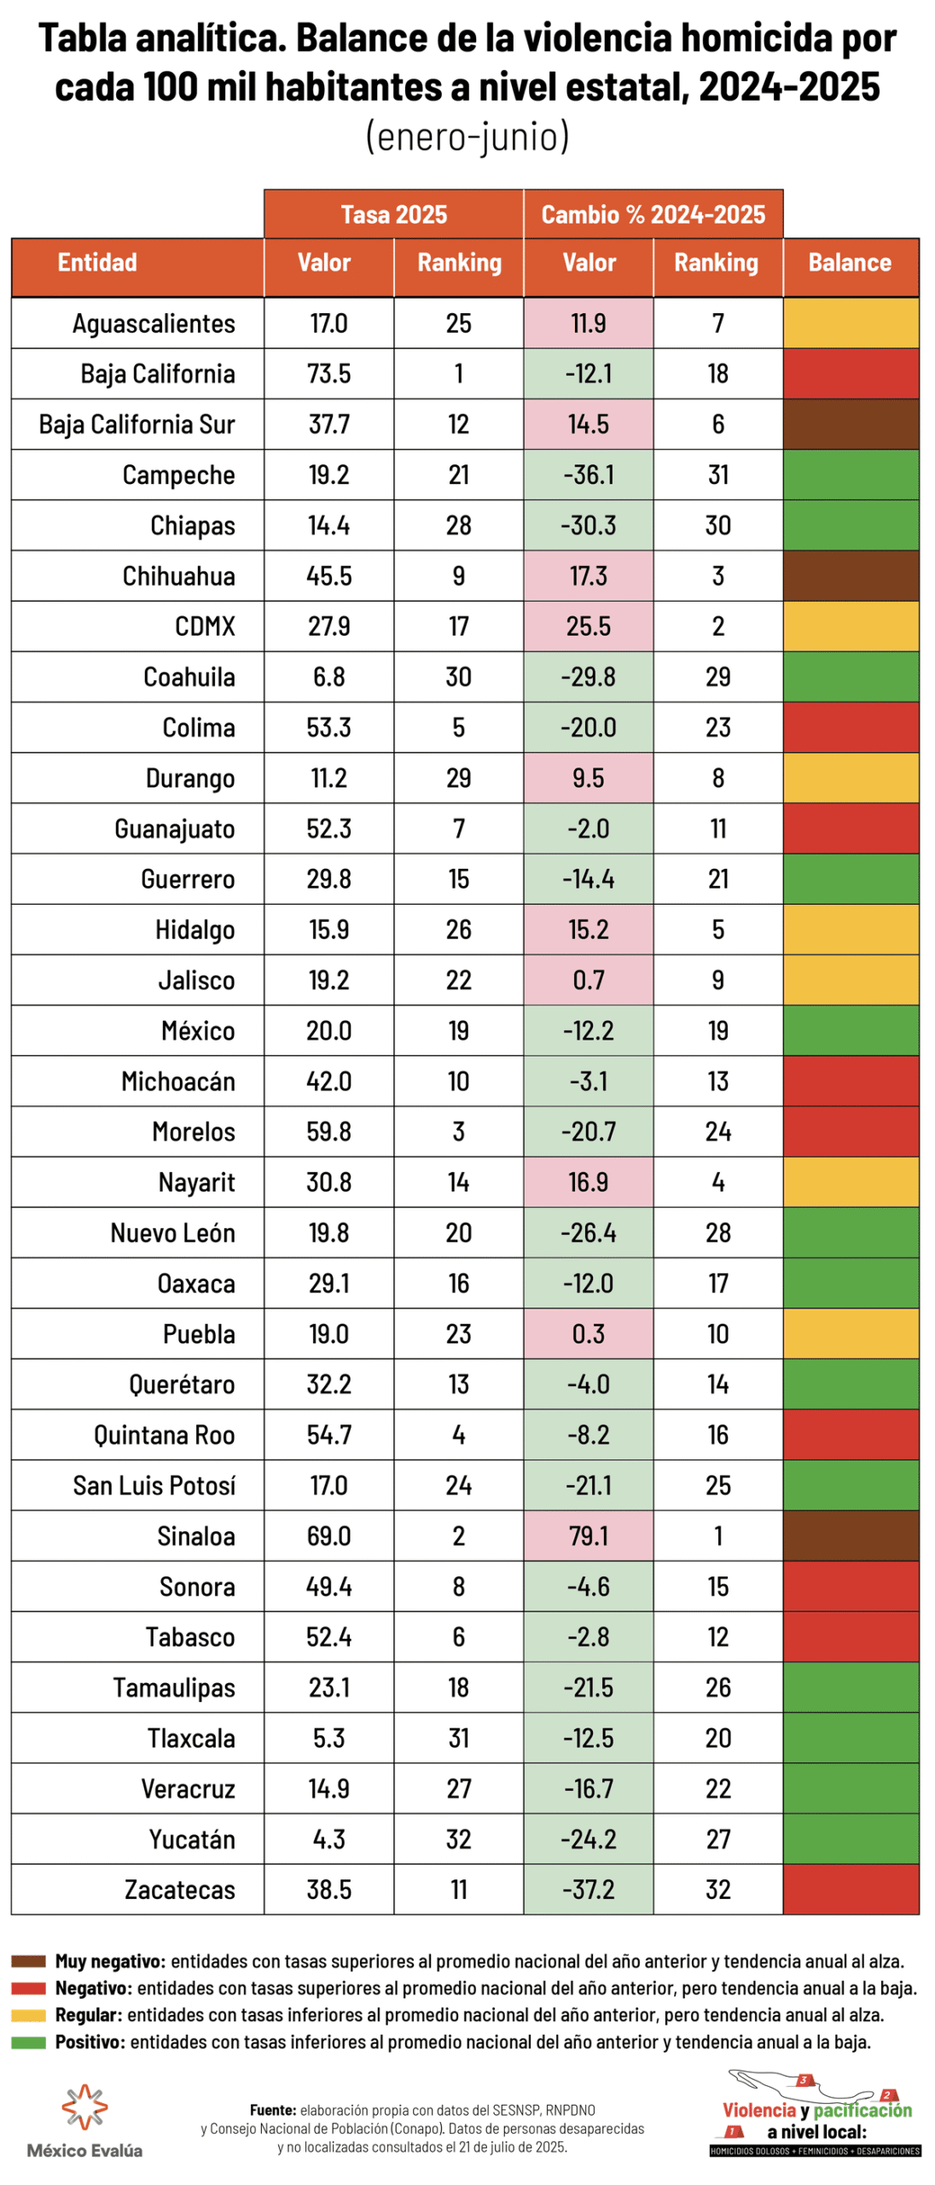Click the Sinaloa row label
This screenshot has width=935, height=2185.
coord(195,1535)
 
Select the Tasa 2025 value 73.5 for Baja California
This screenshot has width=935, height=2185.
coord(328,373)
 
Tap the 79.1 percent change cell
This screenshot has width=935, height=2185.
coord(588,1535)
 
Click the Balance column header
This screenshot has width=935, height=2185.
coord(850,262)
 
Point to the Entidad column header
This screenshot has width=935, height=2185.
coord(97,262)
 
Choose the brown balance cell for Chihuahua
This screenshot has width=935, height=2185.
coord(851,575)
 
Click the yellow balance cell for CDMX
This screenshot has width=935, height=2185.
coord(851,626)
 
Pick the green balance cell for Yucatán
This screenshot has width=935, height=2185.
coord(851,1838)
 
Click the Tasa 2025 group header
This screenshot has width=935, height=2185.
coord(393,214)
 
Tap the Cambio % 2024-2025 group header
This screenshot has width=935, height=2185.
coord(653,214)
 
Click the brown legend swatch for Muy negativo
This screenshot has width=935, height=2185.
coord(28,1961)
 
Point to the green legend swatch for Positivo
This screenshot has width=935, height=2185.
coord(28,2042)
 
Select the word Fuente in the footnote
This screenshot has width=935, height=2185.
coord(273,2109)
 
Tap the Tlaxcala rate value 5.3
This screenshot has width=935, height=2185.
coord(328,1737)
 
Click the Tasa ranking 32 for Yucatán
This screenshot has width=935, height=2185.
coord(458,1838)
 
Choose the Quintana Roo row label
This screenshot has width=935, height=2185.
coord(164,1434)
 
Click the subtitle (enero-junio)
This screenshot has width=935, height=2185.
coord(467,137)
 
